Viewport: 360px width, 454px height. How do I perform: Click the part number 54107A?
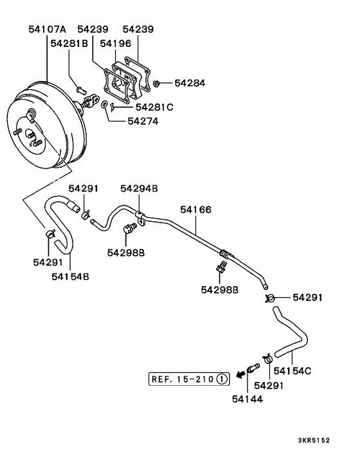tap(48, 30)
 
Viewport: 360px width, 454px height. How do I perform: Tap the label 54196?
tap(116, 44)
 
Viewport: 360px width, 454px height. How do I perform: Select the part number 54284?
tap(189, 84)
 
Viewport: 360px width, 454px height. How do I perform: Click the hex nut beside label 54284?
tap(157, 83)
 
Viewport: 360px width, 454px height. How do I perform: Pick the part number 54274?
tap(142, 120)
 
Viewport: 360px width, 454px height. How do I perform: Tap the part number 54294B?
tap(139, 188)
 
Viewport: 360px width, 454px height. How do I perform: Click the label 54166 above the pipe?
tap(195, 210)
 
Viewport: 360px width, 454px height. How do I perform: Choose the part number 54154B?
tap(70, 277)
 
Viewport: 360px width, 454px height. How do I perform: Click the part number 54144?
tap(248, 399)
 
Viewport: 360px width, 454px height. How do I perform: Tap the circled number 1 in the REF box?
tap(221, 379)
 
